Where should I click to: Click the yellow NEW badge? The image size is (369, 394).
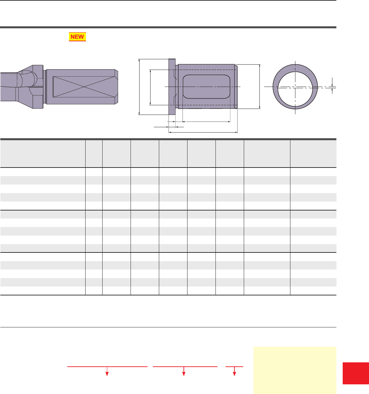coord(77,37)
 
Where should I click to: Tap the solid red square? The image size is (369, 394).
coord(356,373)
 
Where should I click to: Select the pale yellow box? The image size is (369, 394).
coord(295,370)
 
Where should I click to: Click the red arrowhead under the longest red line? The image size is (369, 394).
coord(107,374)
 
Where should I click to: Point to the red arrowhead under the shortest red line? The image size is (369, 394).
coord(234,374)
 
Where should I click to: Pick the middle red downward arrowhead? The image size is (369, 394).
coord(184,374)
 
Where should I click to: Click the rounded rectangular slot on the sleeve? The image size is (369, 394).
coord(206,87)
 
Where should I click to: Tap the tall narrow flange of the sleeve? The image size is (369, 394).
coord(172,87)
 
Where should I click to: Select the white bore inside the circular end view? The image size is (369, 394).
coord(295,90)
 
